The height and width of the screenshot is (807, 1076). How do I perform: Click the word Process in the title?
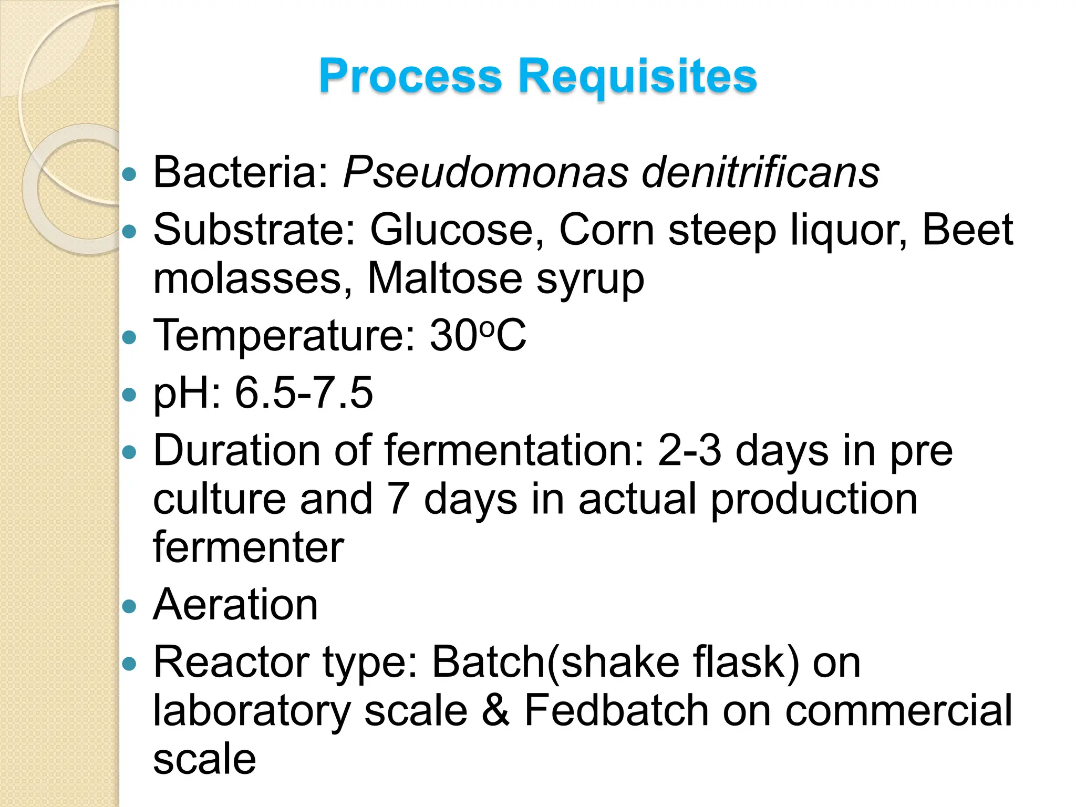pos(410,76)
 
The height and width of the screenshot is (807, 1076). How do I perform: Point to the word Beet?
pos(967,230)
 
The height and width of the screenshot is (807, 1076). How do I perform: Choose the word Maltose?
pos(444,278)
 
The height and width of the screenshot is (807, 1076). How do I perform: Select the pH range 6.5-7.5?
pos(304,392)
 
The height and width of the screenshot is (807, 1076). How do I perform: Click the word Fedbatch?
pos(616,710)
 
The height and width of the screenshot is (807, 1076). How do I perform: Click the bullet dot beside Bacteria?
pos(129,174)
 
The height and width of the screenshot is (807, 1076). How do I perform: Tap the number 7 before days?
pos(398,499)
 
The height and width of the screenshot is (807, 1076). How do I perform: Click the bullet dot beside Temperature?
pos(129,337)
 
